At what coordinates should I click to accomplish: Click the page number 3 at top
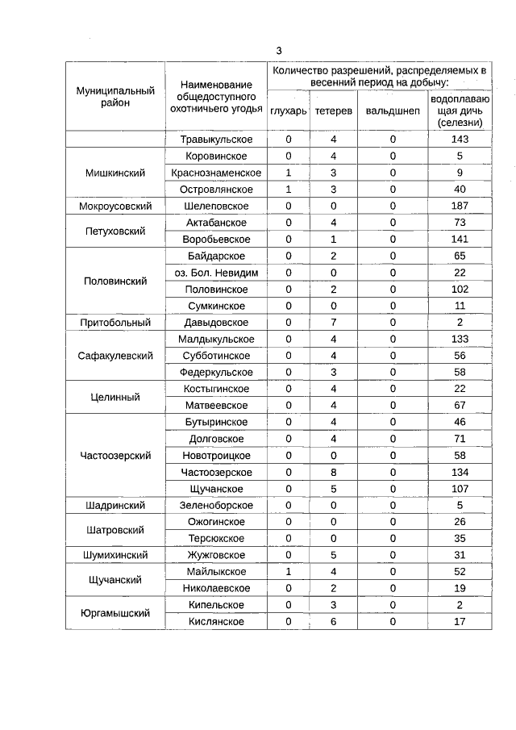(279, 50)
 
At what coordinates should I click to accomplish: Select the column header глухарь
(288, 111)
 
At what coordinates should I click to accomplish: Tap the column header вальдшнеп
(393, 111)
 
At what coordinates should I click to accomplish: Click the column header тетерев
(333, 111)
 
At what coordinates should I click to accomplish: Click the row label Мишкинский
(115, 173)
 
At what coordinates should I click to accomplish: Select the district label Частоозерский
(115, 456)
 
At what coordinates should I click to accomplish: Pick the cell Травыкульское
(216, 140)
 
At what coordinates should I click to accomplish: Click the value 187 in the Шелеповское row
(459, 206)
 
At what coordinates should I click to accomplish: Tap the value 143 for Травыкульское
(459, 140)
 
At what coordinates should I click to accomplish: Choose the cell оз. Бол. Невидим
(216, 273)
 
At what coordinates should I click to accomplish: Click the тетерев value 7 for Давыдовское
(333, 323)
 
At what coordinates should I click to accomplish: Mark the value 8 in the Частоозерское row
(333, 473)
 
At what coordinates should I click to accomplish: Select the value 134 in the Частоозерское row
(459, 473)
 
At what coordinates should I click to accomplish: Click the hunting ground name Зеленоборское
(216, 506)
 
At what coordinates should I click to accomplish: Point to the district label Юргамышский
(115, 613)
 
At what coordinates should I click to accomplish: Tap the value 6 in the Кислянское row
(333, 622)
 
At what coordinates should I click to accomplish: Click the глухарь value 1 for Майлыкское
(288, 572)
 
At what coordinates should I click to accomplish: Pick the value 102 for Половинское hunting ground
(459, 290)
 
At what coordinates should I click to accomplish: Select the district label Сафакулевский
(115, 356)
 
